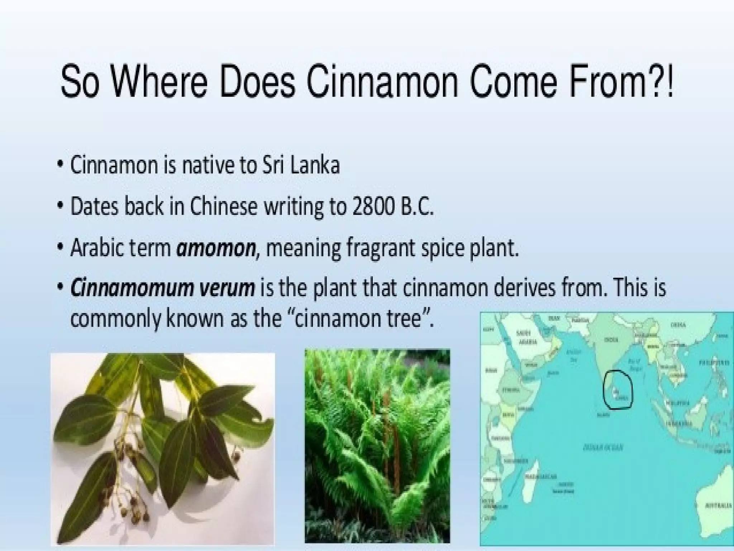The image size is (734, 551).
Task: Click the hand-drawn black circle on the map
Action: [x=618, y=390]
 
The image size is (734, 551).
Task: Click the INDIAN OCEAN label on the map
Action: [x=602, y=447]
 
